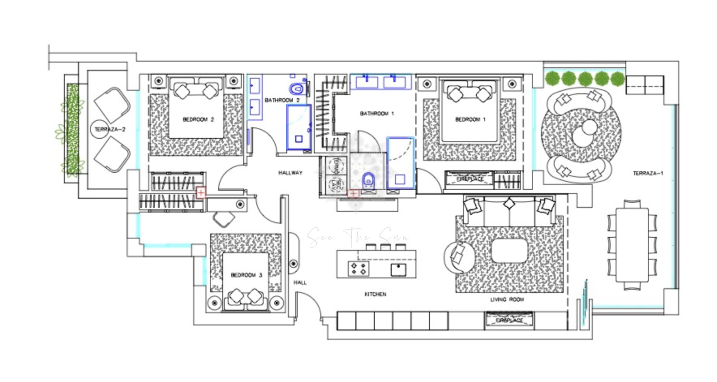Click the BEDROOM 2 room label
coord(198,120)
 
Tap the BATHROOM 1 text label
coord(377,114)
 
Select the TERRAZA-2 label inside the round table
coord(109,129)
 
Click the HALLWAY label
coord(290,173)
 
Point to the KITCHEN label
coord(375,294)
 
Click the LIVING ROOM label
coord(507,300)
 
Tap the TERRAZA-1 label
coord(648,174)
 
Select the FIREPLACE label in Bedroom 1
coord(470,179)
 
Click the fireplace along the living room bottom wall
coord(509,320)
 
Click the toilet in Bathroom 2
coord(297,89)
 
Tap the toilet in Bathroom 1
coord(368,180)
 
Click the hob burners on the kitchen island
coord(358,269)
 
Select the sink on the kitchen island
coord(398,270)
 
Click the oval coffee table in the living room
coord(509,251)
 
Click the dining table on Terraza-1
coord(632,245)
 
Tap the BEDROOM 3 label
coord(246,275)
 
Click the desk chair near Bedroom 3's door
coord(223,219)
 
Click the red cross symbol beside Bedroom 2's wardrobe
coord(201,193)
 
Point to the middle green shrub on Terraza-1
coord(585,79)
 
